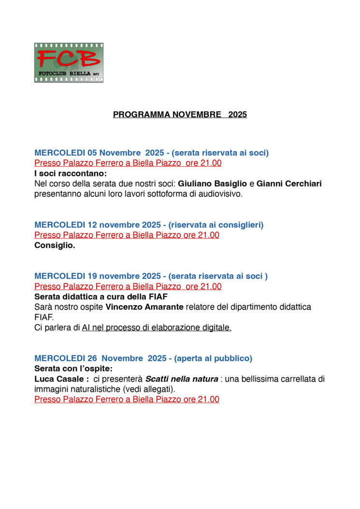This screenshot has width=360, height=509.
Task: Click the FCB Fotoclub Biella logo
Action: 69,63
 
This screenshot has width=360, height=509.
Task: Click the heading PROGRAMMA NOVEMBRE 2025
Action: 180,115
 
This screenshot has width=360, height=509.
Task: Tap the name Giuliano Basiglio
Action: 212,184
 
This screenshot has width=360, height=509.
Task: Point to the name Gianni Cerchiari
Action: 289,184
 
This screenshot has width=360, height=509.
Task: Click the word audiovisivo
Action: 214,194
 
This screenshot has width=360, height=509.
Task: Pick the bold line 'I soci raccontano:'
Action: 71,173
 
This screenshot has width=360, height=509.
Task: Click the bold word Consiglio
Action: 55,245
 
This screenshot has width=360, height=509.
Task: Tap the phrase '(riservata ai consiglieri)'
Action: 216,225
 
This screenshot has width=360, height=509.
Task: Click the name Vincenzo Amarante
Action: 138,307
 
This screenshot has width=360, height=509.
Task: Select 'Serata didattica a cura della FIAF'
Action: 101,297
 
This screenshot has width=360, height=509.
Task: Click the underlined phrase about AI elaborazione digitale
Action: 157,328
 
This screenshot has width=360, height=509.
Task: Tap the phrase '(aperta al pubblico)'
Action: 213,358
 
